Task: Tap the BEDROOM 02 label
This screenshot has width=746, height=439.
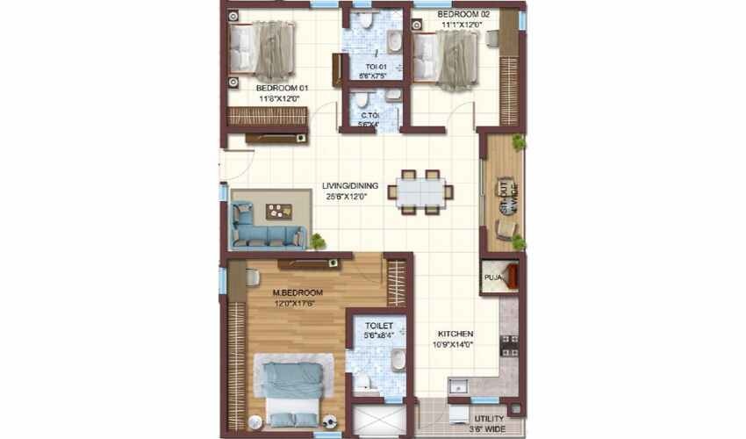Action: [x=463, y=15]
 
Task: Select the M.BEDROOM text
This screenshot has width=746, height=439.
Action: [x=298, y=292]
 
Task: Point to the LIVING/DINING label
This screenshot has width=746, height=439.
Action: [x=344, y=185]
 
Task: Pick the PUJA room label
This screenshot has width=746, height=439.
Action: [x=491, y=278]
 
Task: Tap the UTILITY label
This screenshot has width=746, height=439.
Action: [x=489, y=419]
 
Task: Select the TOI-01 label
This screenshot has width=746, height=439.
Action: [x=376, y=65]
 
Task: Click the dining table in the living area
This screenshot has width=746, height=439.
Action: [x=420, y=191]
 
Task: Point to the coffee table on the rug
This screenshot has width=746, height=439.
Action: [x=279, y=211]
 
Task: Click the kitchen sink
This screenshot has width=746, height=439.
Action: [x=457, y=386]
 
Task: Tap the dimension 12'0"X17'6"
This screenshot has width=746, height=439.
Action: [x=294, y=304]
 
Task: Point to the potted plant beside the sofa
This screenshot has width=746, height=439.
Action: [x=317, y=240]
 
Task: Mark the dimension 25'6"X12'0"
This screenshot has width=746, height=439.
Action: [x=344, y=197]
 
